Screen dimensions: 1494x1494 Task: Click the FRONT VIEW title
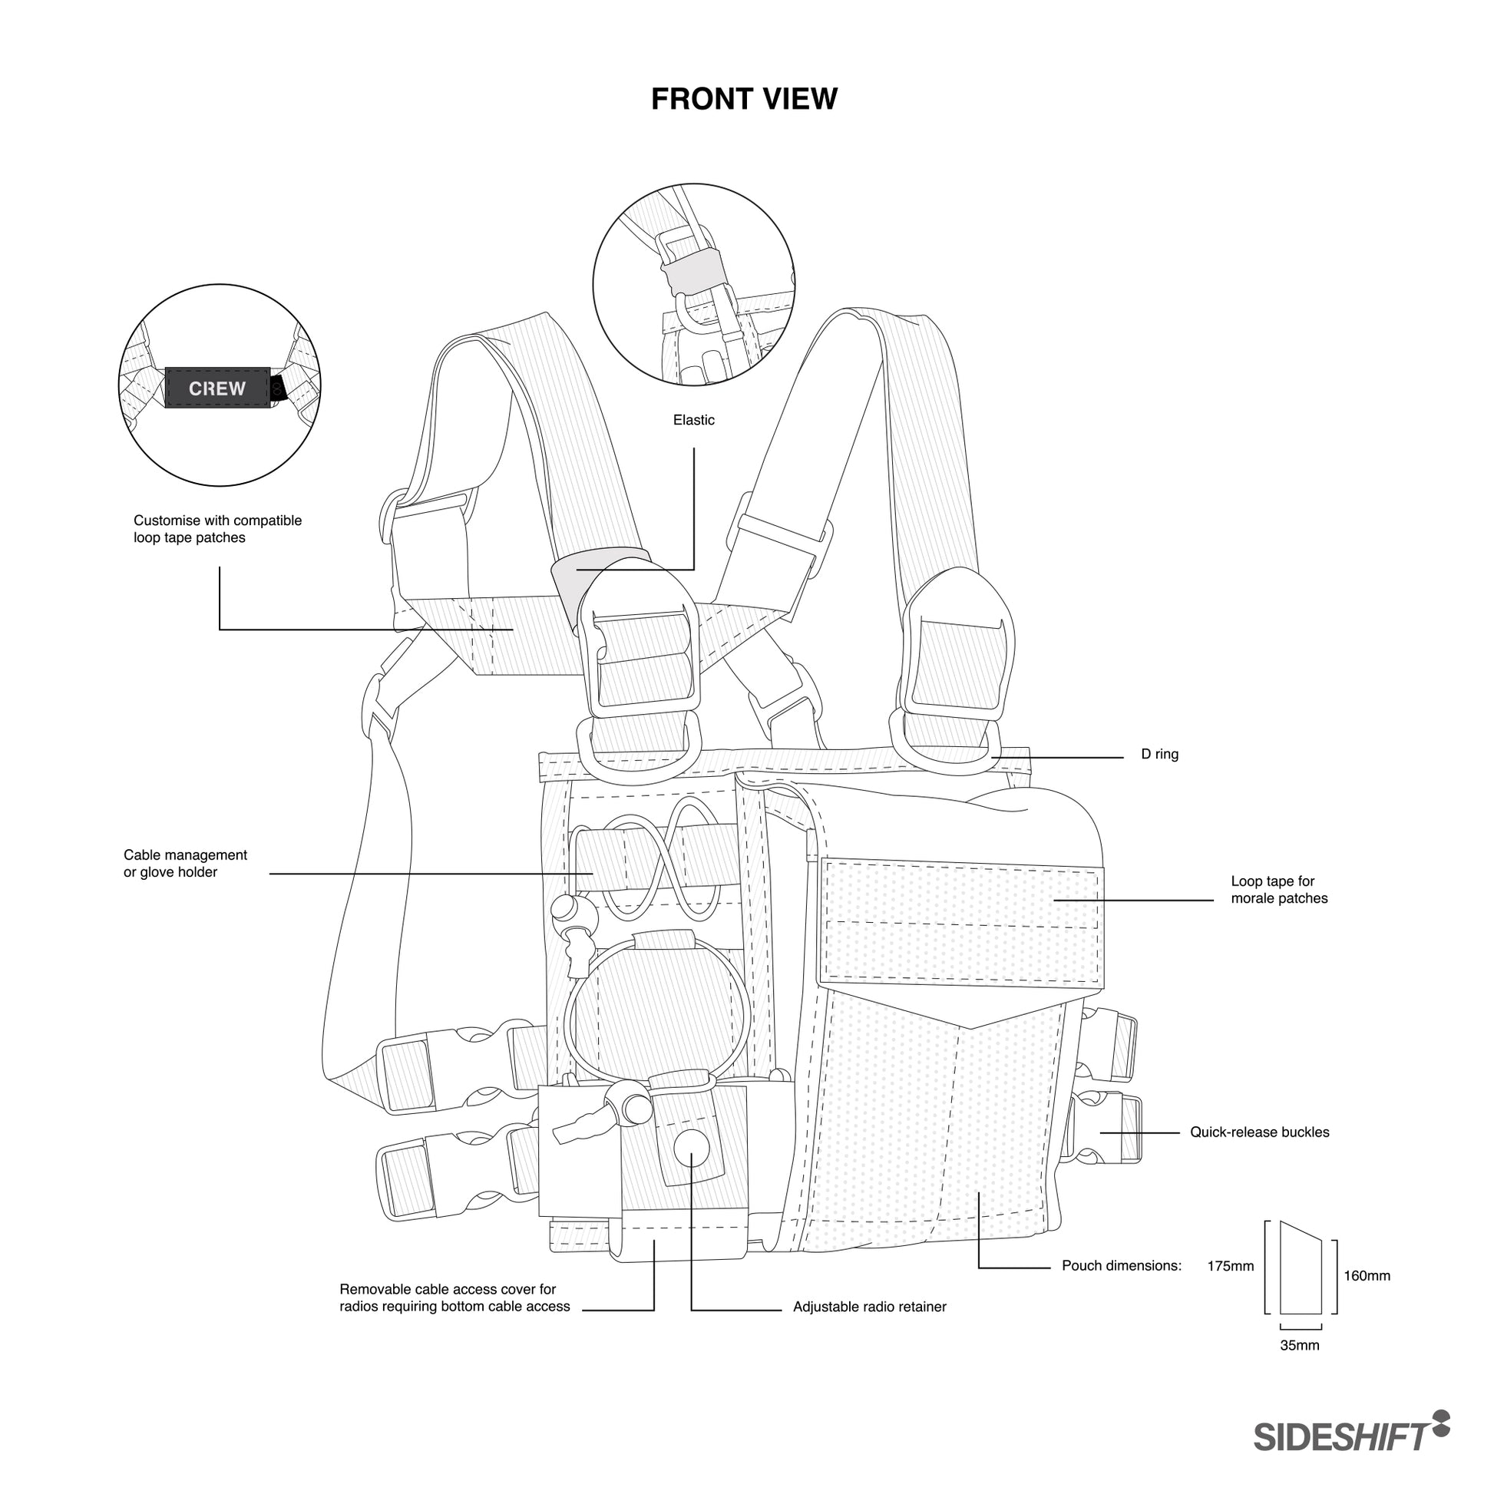pos(744,99)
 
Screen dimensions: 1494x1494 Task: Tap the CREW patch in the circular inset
pos(217,388)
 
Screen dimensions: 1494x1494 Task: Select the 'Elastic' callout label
pos(694,420)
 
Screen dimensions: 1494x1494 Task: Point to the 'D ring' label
pos(1159,754)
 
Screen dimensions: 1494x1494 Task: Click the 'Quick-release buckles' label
pos(1260,1132)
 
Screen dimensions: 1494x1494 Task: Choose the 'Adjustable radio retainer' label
pos(869,1307)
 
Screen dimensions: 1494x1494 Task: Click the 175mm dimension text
pos(1231,1266)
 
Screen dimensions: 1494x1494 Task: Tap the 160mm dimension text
pos(1367,1276)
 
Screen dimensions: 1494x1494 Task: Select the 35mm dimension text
pos(1299,1345)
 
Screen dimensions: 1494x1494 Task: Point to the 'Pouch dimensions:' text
pos(1122,1266)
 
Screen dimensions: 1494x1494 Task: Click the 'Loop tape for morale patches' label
pos(1279,889)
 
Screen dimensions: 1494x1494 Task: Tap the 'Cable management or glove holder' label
pos(186,863)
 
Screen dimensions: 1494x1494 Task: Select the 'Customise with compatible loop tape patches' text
pos(217,529)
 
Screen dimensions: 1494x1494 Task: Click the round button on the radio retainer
pos(690,1149)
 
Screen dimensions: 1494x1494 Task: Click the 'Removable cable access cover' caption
pos(454,1297)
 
